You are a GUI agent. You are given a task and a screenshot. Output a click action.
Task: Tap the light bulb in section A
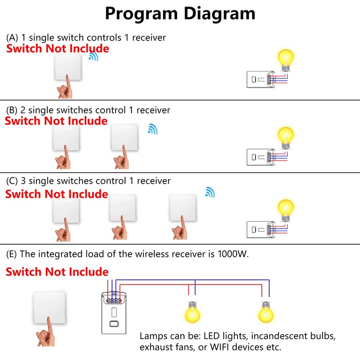(285, 59)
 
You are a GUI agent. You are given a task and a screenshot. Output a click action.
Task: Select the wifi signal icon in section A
(94, 56)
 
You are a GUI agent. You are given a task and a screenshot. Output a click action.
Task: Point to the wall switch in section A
(68, 67)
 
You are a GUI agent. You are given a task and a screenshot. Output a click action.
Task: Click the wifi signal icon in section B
(153, 129)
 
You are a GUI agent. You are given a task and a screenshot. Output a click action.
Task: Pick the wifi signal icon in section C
(210, 192)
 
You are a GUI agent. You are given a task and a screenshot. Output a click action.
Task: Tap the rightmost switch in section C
(183, 208)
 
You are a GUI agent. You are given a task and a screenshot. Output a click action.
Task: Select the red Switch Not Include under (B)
(56, 121)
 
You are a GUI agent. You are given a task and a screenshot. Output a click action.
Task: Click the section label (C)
(12, 181)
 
